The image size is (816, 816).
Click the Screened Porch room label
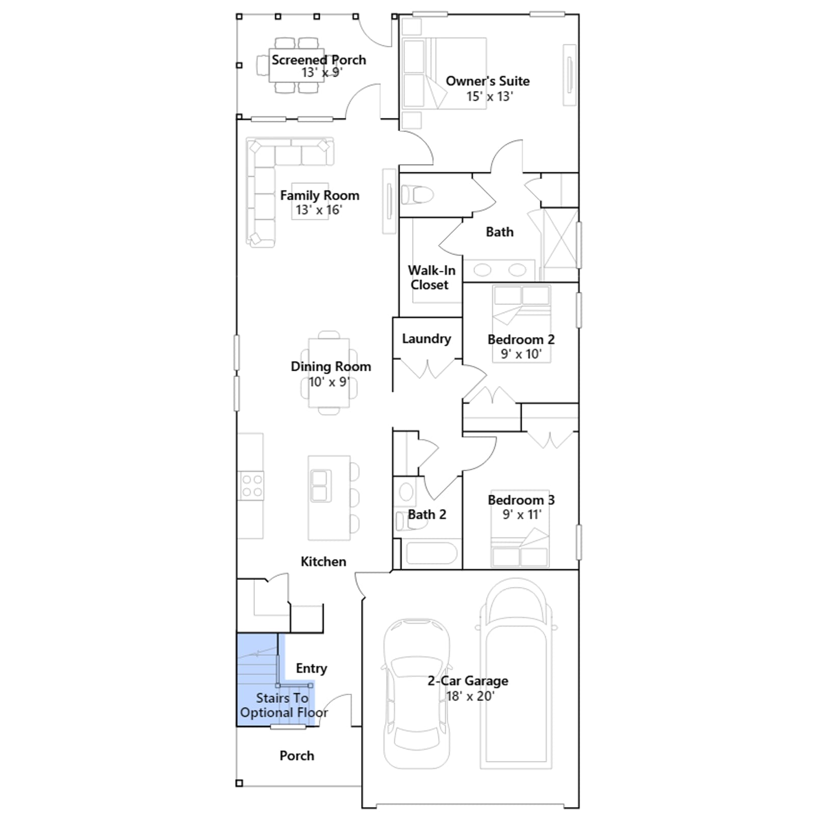pos(319,60)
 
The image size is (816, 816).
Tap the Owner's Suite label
pos(488,81)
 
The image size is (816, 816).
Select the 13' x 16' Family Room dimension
pos(319,210)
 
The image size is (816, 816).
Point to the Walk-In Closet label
pos(431,277)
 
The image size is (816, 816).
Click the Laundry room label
pos(426,339)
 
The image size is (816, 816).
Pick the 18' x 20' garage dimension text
pos(470,696)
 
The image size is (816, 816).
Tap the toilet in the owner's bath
pos(417,194)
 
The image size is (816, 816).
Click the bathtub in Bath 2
pos(431,553)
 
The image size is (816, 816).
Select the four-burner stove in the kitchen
pos(251,486)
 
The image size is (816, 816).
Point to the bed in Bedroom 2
pos(521,324)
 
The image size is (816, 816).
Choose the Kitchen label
pos(323,562)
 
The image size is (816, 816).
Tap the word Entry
pos(312,669)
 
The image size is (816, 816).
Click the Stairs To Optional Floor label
pos(284,705)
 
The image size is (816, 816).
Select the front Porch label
pos(297,756)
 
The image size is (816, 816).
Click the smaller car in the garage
pos(417,694)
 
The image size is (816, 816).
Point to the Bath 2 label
pos(427,515)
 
